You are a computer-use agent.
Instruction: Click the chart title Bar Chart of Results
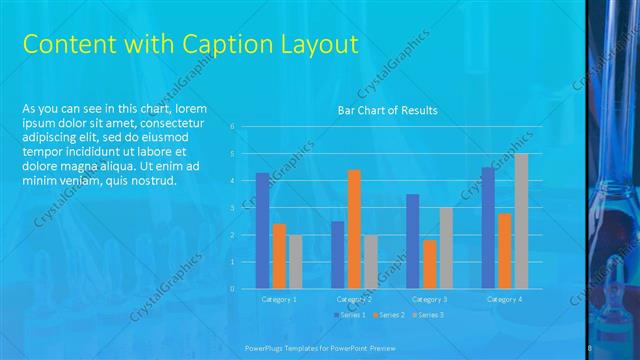[387, 110]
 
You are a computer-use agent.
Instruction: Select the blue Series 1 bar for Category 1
[262, 231]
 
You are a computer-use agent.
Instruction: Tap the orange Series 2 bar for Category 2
[354, 229]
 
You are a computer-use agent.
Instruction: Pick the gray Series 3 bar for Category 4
[521, 221]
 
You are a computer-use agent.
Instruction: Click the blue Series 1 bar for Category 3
[412, 241]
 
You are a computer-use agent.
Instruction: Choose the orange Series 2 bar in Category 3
[429, 264]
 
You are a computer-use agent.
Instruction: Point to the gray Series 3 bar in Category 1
[295, 262]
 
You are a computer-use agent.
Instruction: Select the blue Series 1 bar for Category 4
[488, 228]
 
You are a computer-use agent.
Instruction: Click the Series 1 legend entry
[349, 315]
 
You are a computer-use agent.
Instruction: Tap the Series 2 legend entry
[389, 315]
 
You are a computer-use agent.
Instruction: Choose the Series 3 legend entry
[429, 315]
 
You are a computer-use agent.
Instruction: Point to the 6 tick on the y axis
[232, 127]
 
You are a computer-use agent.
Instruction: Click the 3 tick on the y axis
[232, 208]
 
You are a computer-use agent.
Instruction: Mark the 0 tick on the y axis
[232, 289]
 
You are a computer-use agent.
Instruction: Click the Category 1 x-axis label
[279, 299]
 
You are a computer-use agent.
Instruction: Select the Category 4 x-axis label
[504, 299]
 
